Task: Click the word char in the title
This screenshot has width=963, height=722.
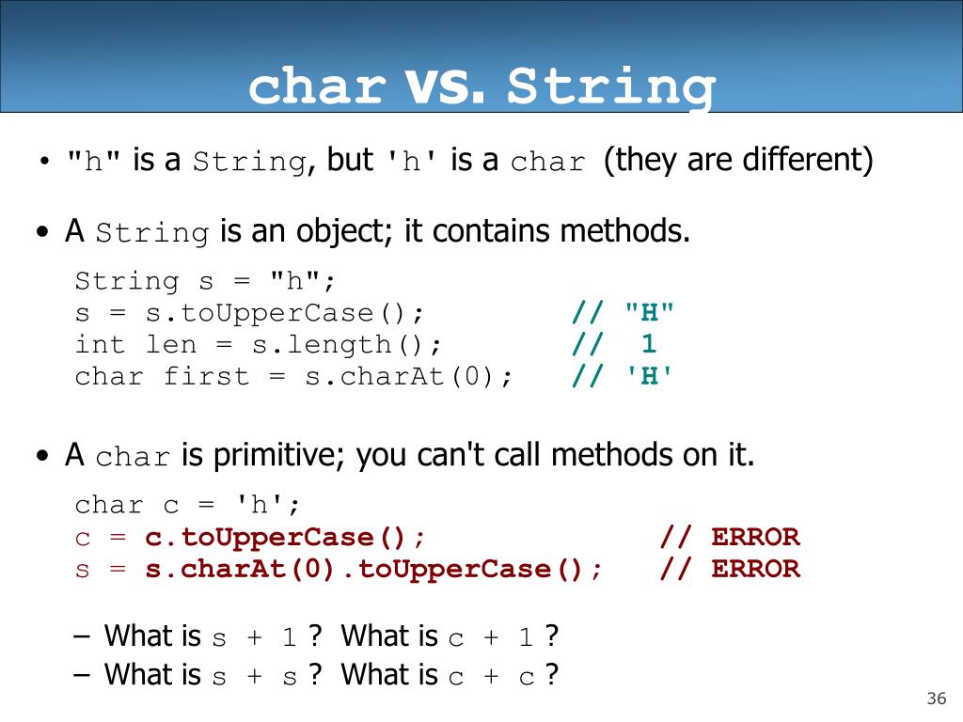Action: pos(317,87)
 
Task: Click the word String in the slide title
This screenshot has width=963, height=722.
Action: pos(610,87)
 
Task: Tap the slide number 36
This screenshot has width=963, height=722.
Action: pos(936,698)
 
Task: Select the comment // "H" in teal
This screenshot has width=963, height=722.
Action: pos(624,313)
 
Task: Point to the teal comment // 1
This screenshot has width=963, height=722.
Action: pos(616,345)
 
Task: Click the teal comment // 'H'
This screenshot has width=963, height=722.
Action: pos(624,377)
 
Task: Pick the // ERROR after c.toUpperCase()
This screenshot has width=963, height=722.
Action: pos(730,538)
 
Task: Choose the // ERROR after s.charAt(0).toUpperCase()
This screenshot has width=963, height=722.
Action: pos(730,569)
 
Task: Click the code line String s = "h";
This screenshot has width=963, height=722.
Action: pos(205,281)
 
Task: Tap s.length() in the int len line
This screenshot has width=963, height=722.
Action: pos(346,345)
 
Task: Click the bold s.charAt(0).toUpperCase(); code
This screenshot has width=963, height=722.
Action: pos(374,569)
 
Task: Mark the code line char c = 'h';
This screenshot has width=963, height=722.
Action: pos(188,506)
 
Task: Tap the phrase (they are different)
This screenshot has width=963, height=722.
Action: pos(738,160)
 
